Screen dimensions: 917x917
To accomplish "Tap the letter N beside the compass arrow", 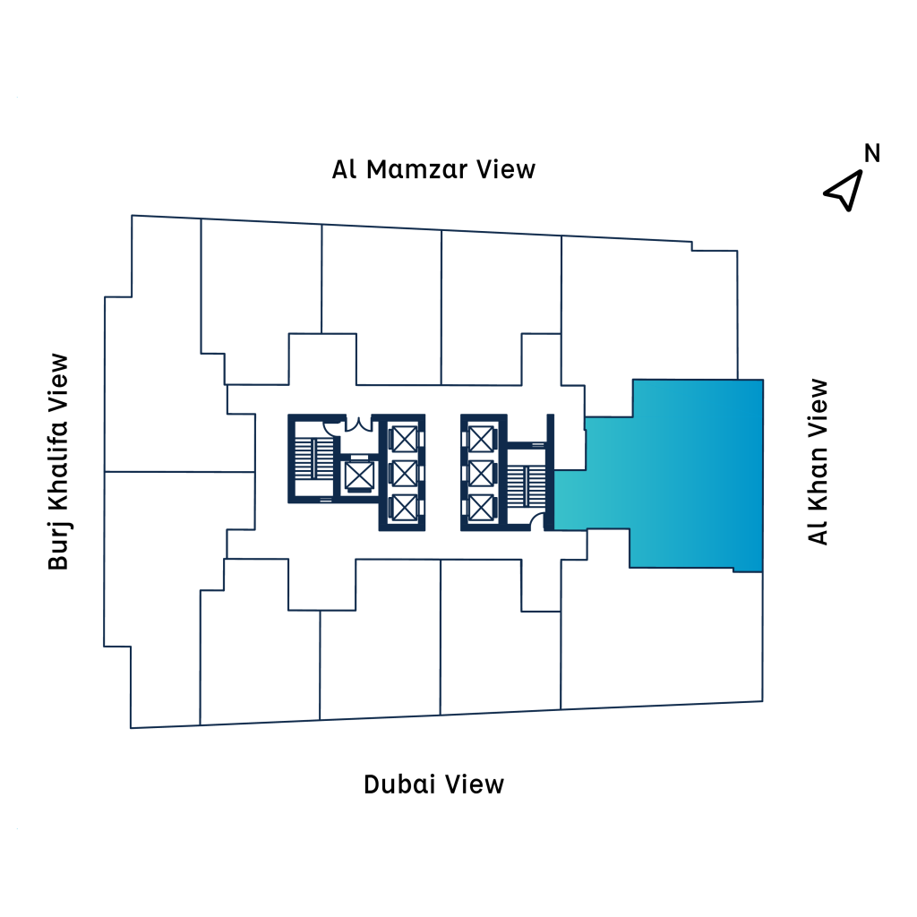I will click(871, 153).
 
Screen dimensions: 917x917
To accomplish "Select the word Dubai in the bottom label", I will click(400, 784).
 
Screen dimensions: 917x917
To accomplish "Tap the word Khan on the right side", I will click(818, 454).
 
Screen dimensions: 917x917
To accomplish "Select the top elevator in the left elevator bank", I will click(404, 439).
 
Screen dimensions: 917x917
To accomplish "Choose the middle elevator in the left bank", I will click(404, 473).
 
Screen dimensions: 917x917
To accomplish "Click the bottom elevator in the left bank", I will click(404, 507).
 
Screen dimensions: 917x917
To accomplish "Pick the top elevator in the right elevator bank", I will click(481, 439).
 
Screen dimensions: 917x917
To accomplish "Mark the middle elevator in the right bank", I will click(481, 473).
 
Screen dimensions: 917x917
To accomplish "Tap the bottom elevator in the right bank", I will click(481, 507).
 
